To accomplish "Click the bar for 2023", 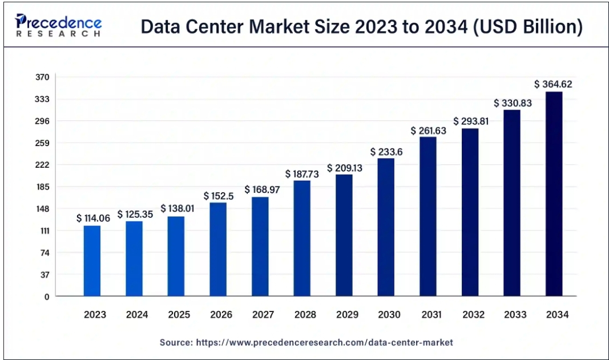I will [x=92, y=261].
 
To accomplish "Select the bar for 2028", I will [x=303, y=238].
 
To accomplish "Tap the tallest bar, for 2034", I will [x=554, y=194].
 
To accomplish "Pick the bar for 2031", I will [x=428, y=216].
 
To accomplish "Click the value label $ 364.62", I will [x=553, y=84].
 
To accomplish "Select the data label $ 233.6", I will [x=386, y=152].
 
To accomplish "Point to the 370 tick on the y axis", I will [x=44, y=77].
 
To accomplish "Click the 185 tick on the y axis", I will [x=44, y=187].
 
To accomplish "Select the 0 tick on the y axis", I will [x=47, y=297].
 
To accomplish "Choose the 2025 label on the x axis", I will [x=179, y=314].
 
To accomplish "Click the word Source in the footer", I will [x=175, y=343].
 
